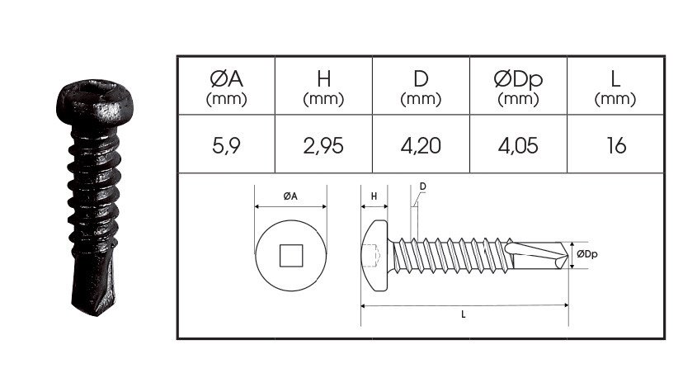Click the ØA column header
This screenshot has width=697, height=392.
point(226,86)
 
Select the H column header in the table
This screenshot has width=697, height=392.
point(323,86)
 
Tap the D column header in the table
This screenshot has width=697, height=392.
point(420,86)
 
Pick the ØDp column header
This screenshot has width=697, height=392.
point(518,86)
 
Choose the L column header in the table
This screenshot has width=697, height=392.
point(615,86)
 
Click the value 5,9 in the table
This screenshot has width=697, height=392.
point(226,146)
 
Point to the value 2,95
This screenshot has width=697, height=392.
point(323,146)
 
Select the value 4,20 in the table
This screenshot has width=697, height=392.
point(420,146)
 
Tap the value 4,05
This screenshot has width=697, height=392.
point(518,146)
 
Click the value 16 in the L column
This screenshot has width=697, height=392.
point(615,146)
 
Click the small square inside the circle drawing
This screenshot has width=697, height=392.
point(290,255)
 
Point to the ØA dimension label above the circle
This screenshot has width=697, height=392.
point(290,196)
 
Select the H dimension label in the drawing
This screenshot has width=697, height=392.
point(374,196)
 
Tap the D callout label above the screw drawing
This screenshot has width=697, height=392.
point(422,187)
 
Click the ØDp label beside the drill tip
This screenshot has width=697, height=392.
point(586,253)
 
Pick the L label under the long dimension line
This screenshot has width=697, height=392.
point(464,314)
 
